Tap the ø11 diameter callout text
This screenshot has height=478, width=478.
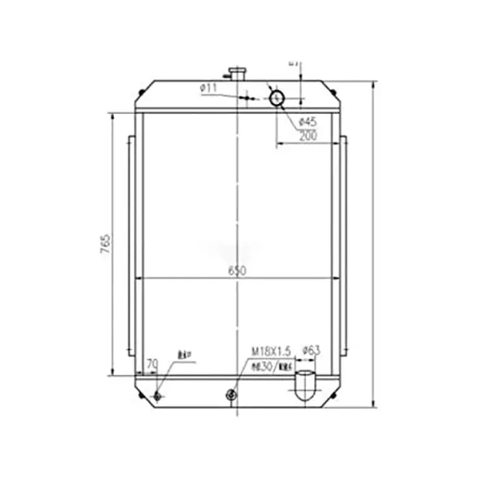click(208, 88)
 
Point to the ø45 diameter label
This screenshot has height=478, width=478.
click(308, 122)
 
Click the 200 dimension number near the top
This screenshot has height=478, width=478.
click(308, 136)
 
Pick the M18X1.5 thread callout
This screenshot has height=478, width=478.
click(271, 350)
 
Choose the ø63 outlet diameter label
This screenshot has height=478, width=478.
click(311, 350)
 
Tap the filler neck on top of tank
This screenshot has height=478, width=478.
click(237, 72)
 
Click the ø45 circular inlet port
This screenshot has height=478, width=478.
click(278, 98)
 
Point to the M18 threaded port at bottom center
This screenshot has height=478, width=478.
click(231, 394)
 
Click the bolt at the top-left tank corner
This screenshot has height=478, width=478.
click(141, 92)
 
